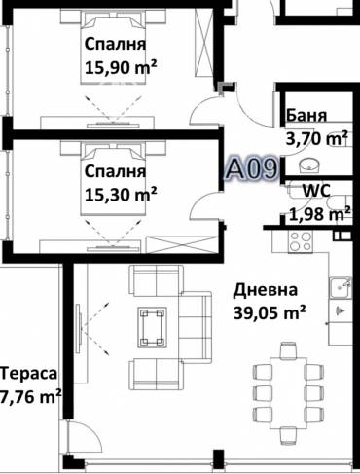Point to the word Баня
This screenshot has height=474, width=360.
[x=306, y=116]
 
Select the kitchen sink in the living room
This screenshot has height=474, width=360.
[x=340, y=288]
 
